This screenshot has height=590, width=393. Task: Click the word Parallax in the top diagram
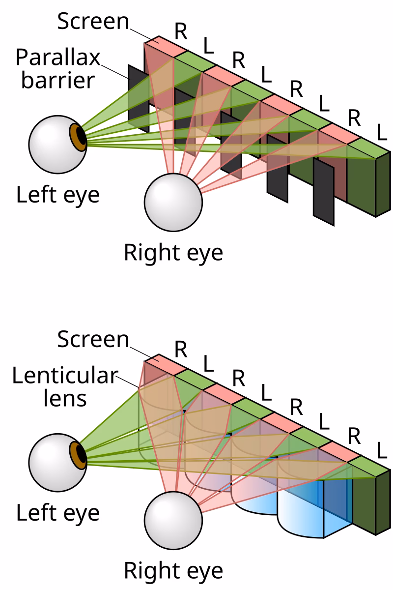tap(57, 58)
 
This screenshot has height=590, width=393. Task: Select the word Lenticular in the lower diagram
tap(64, 376)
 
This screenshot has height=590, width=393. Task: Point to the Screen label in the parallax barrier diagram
tap(93, 22)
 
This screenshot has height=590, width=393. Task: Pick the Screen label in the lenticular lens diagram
tap(93, 340)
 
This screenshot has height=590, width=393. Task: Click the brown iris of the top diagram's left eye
tap(78, 136)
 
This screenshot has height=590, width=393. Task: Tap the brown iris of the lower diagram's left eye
tap(78, 454)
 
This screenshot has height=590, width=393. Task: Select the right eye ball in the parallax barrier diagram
tap(173, 202)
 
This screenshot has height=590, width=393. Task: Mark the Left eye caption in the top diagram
tap(58, 195)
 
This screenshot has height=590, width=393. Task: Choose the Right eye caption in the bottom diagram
tap(173, 571)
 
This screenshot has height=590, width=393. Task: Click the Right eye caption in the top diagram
tap(173, 253)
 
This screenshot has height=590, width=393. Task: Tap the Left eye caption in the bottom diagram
tap(58, 513)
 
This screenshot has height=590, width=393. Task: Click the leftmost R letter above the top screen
tap(181, 31)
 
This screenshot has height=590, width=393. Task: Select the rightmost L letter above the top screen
tap(381, 131)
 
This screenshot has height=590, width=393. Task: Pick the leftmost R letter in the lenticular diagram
tap(181, 349)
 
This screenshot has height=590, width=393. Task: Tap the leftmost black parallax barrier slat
tap(138, 98)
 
